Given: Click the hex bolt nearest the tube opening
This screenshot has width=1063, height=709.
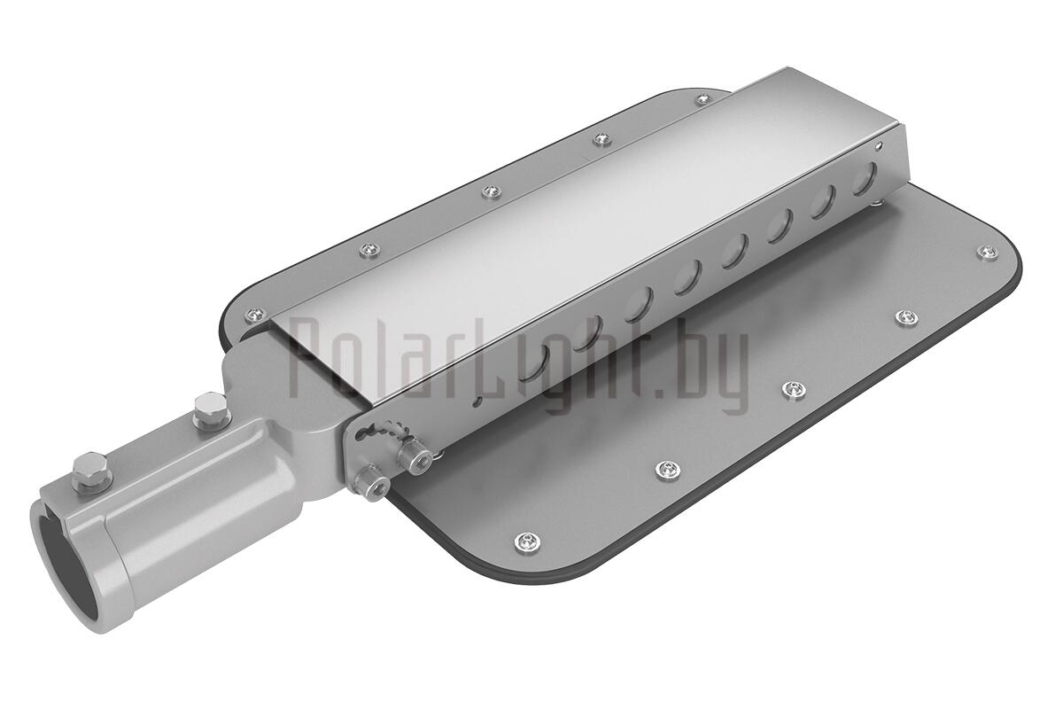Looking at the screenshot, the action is click(90, 470).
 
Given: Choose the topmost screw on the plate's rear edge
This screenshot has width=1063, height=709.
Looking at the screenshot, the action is click(702, 100).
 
